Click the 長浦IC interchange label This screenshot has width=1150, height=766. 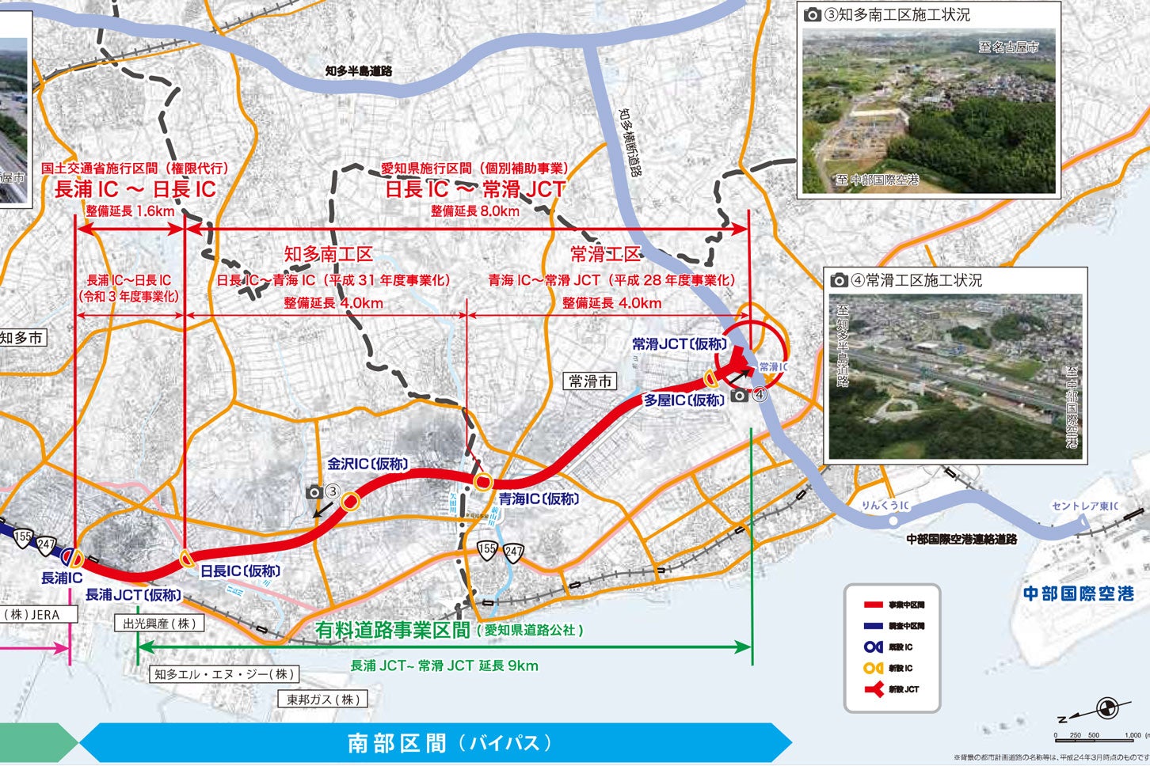pos(62,578)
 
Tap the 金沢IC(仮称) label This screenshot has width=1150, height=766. pos(367,464)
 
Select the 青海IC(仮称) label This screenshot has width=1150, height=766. pos(539,499)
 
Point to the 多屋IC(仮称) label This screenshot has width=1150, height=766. pos(684,400)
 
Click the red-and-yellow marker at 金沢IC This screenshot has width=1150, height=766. pos(350,501)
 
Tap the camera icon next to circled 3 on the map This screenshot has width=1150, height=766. pos(314,492)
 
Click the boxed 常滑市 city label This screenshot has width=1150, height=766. pos(591,381)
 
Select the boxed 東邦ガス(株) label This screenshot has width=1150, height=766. pos(323,700)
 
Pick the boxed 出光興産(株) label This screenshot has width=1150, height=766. pos(159,624)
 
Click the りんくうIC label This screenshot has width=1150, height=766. pos(885,505)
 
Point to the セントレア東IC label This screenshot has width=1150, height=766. pos(1084,506)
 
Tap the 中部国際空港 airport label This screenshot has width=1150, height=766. pos(1078,593)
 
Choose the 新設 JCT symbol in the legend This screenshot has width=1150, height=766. pos(874,689)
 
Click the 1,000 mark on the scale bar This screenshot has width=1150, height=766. pos(1132,735)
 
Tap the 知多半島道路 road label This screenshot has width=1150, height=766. pos(359,70)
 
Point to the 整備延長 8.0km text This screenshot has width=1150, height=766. pos(475,210)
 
